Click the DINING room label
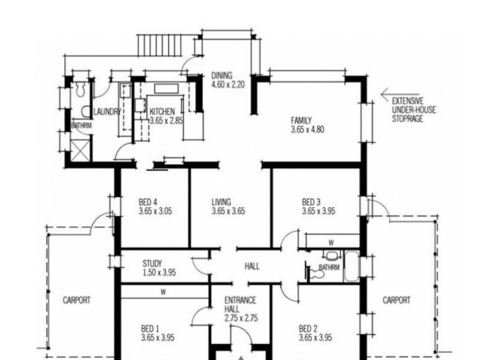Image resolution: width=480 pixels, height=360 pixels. click(222, 76)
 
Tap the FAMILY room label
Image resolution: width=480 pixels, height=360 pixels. click(301, 121)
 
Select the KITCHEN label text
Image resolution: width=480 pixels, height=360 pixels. click(162, 112)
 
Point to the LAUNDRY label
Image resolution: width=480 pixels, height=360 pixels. click(107, 112)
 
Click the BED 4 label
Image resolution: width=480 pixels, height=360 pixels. click(148, 202)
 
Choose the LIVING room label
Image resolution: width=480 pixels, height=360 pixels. click(221, 202)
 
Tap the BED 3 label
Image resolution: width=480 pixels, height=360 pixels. click(311, 202)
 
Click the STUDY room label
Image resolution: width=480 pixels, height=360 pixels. click(152, 263)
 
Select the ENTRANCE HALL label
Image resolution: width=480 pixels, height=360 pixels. click(241, 305)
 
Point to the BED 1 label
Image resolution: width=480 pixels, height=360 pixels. click(150, 329)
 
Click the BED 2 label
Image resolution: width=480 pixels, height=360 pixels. click(308, 329)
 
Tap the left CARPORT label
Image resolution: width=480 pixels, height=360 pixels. click(77, 301)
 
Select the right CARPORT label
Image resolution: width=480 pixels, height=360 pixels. click(397, 301)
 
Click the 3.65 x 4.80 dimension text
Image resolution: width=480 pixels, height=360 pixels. click(307, 130)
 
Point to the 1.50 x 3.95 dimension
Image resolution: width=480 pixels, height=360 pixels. click(159, 272)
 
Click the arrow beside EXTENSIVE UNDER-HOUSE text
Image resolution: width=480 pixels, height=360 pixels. click(400, 94)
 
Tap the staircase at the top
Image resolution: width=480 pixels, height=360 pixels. click(160, 46)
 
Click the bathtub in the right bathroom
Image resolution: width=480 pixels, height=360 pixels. click(351, 266)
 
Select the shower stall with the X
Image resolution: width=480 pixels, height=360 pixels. click(80, 150)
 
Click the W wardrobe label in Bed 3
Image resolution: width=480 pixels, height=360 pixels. click(331, 243)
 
